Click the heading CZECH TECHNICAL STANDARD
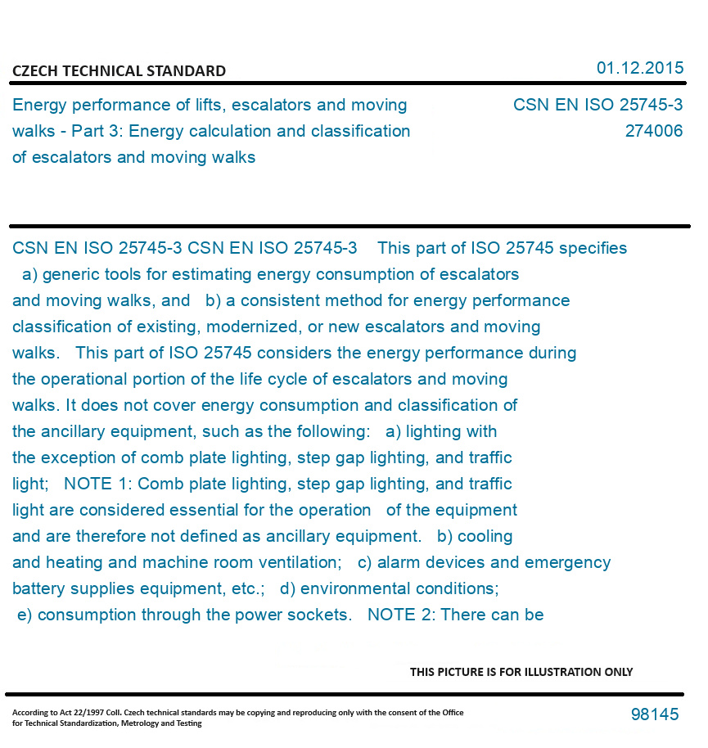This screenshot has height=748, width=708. click(119, 71)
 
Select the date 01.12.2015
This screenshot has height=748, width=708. click(639, 68)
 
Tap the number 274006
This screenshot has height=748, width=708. click(653, 131)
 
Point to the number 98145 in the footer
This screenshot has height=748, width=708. click(655, 714)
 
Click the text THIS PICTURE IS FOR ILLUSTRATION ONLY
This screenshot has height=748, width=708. click(521, 672)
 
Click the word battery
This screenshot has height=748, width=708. click(38, 588)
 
